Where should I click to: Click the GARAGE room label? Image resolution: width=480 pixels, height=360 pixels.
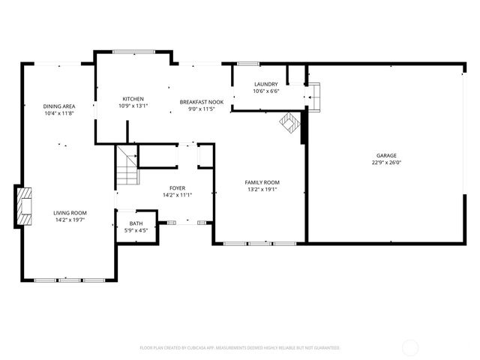[386, 155]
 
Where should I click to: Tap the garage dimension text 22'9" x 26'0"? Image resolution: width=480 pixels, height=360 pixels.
[386, 162]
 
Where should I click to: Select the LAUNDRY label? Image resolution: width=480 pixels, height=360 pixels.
[266, 84]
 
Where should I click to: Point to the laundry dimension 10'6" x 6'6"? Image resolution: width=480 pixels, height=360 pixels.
[266, 91]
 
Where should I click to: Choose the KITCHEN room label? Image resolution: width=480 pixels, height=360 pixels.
[133, 99]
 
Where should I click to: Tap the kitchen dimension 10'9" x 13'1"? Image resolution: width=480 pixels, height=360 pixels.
[133, 106]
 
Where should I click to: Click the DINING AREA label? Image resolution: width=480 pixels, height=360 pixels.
[58, 106]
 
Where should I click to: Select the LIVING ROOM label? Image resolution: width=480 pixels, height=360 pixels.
[70, 213]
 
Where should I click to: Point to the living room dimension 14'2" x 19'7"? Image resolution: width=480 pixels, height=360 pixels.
[70, 220]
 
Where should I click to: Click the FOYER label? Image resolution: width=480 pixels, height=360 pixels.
[177, 188]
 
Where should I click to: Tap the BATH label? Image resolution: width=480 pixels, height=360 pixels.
[136, 223]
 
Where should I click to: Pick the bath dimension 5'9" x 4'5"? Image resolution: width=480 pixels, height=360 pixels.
[136, 229]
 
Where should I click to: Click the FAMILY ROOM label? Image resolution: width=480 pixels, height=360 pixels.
[262, 182]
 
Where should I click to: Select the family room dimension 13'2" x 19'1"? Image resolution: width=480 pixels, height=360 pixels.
[262, 189]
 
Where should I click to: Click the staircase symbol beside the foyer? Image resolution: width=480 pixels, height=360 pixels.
[127, 166]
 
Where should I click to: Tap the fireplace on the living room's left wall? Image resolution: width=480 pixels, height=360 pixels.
[25, 205]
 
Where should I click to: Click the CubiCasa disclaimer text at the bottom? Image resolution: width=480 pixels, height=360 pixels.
[240, 347]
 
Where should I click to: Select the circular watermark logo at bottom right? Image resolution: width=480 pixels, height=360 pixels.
[411, 347]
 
